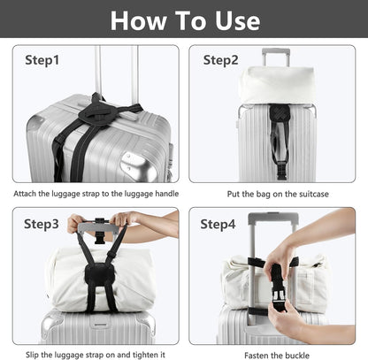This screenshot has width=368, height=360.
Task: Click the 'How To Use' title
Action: pyautogui.click(x=184, y=19)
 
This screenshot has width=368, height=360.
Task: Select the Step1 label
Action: pyautogui.click(x=42, y=60)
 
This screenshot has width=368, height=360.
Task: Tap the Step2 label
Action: pyautogui.click(x=221, y=60)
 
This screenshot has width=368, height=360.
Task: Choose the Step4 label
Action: pyautogui.click(x=218, y=224)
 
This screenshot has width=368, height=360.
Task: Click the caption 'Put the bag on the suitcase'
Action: pyautogui.click(x=272, y=192)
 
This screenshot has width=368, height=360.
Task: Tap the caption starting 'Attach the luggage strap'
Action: pyautogui.click(x=93, y=192)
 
